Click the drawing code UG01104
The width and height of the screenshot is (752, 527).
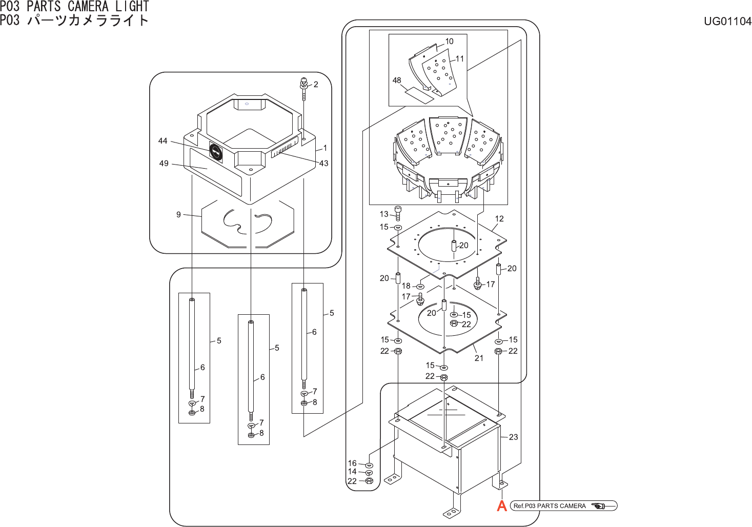(x=727, y=21)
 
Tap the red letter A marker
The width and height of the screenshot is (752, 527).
(x=502, y=506)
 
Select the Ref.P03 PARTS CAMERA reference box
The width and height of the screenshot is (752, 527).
(x=564, y=506)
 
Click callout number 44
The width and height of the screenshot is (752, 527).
(x=162, y=141)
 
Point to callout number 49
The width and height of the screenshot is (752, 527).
(x=164, y=164)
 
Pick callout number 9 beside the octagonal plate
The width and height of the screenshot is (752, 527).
(x=178, y=215)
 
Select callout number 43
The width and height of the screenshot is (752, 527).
(x=323, y=164)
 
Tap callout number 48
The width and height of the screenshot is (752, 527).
(x=397, y=80)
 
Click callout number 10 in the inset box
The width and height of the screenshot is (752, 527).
(x=449, y=42)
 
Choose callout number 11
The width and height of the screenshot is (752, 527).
(x=459, y=59)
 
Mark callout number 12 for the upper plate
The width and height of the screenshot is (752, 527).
(x=499, y=219)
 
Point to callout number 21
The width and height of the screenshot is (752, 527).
(x=479, y=358)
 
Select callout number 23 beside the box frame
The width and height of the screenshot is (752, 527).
(x=513, y=437)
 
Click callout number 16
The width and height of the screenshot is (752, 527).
(x=352, y=463)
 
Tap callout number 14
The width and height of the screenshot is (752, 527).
(x=352, y=472)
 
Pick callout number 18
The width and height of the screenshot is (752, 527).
(x=406, y=286)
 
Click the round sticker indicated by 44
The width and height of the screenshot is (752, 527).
(x=216, y=151)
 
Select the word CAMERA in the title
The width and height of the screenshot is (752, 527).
(x=88, y=7)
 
